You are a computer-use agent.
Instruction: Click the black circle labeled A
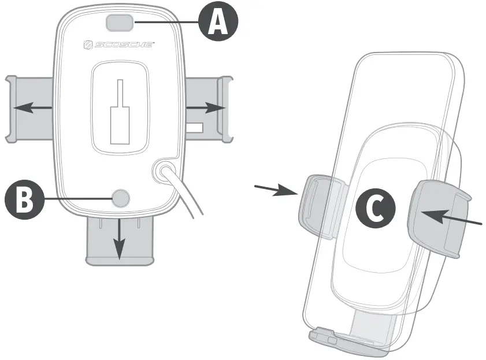(218, 23)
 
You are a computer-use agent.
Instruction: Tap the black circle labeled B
(24, 198)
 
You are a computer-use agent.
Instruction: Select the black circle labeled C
(376, 209)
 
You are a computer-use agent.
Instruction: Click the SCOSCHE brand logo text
(118, 44)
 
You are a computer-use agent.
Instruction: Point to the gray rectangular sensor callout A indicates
(120, 23)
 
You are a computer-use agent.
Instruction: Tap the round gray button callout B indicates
(121, 198)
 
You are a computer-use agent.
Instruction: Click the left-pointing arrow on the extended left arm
(32, 107)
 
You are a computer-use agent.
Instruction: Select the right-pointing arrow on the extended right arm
(205, 107)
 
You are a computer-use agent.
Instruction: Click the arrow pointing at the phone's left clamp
(276, 190)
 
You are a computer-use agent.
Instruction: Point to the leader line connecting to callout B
(78, 198)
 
